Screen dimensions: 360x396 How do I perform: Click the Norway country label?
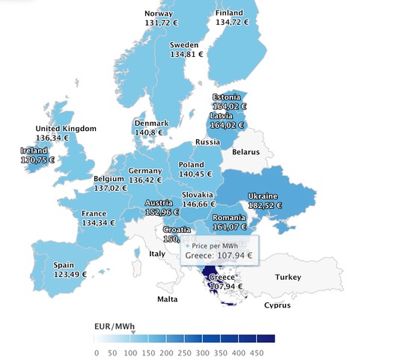point(158,13)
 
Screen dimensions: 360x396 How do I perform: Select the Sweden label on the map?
point(184,44)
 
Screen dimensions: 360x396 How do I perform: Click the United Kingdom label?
point(67,129)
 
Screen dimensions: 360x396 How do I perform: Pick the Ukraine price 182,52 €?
point(264,205)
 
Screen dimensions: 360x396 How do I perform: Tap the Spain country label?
point(64,264)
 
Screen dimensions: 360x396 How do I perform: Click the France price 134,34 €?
point(98,222)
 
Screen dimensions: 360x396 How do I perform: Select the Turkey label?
point(287,277)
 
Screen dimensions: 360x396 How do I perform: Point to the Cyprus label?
point(277,305)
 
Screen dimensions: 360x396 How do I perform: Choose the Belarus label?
point(246,152)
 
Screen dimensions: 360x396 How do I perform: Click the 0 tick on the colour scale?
point(97,352)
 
